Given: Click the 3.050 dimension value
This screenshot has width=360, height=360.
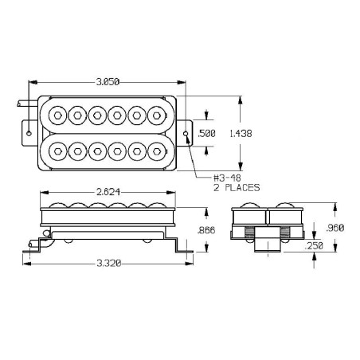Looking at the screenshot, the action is [108, 82].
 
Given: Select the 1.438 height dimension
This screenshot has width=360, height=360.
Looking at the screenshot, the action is [241, 133].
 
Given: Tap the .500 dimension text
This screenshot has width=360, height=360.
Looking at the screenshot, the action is [207, 133].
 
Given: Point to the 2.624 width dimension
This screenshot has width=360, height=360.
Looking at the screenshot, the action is [108, 192].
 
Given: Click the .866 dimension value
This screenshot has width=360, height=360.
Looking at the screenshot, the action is [206, 230].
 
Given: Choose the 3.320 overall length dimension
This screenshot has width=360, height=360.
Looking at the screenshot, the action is [109, 264].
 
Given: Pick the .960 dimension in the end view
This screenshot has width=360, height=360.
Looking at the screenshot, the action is [335, 228].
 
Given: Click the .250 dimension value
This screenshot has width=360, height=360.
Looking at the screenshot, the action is [314, 246].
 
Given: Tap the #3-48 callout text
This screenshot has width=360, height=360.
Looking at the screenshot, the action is [227, 178].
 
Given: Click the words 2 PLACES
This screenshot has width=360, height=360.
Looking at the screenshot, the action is [237, 188].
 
